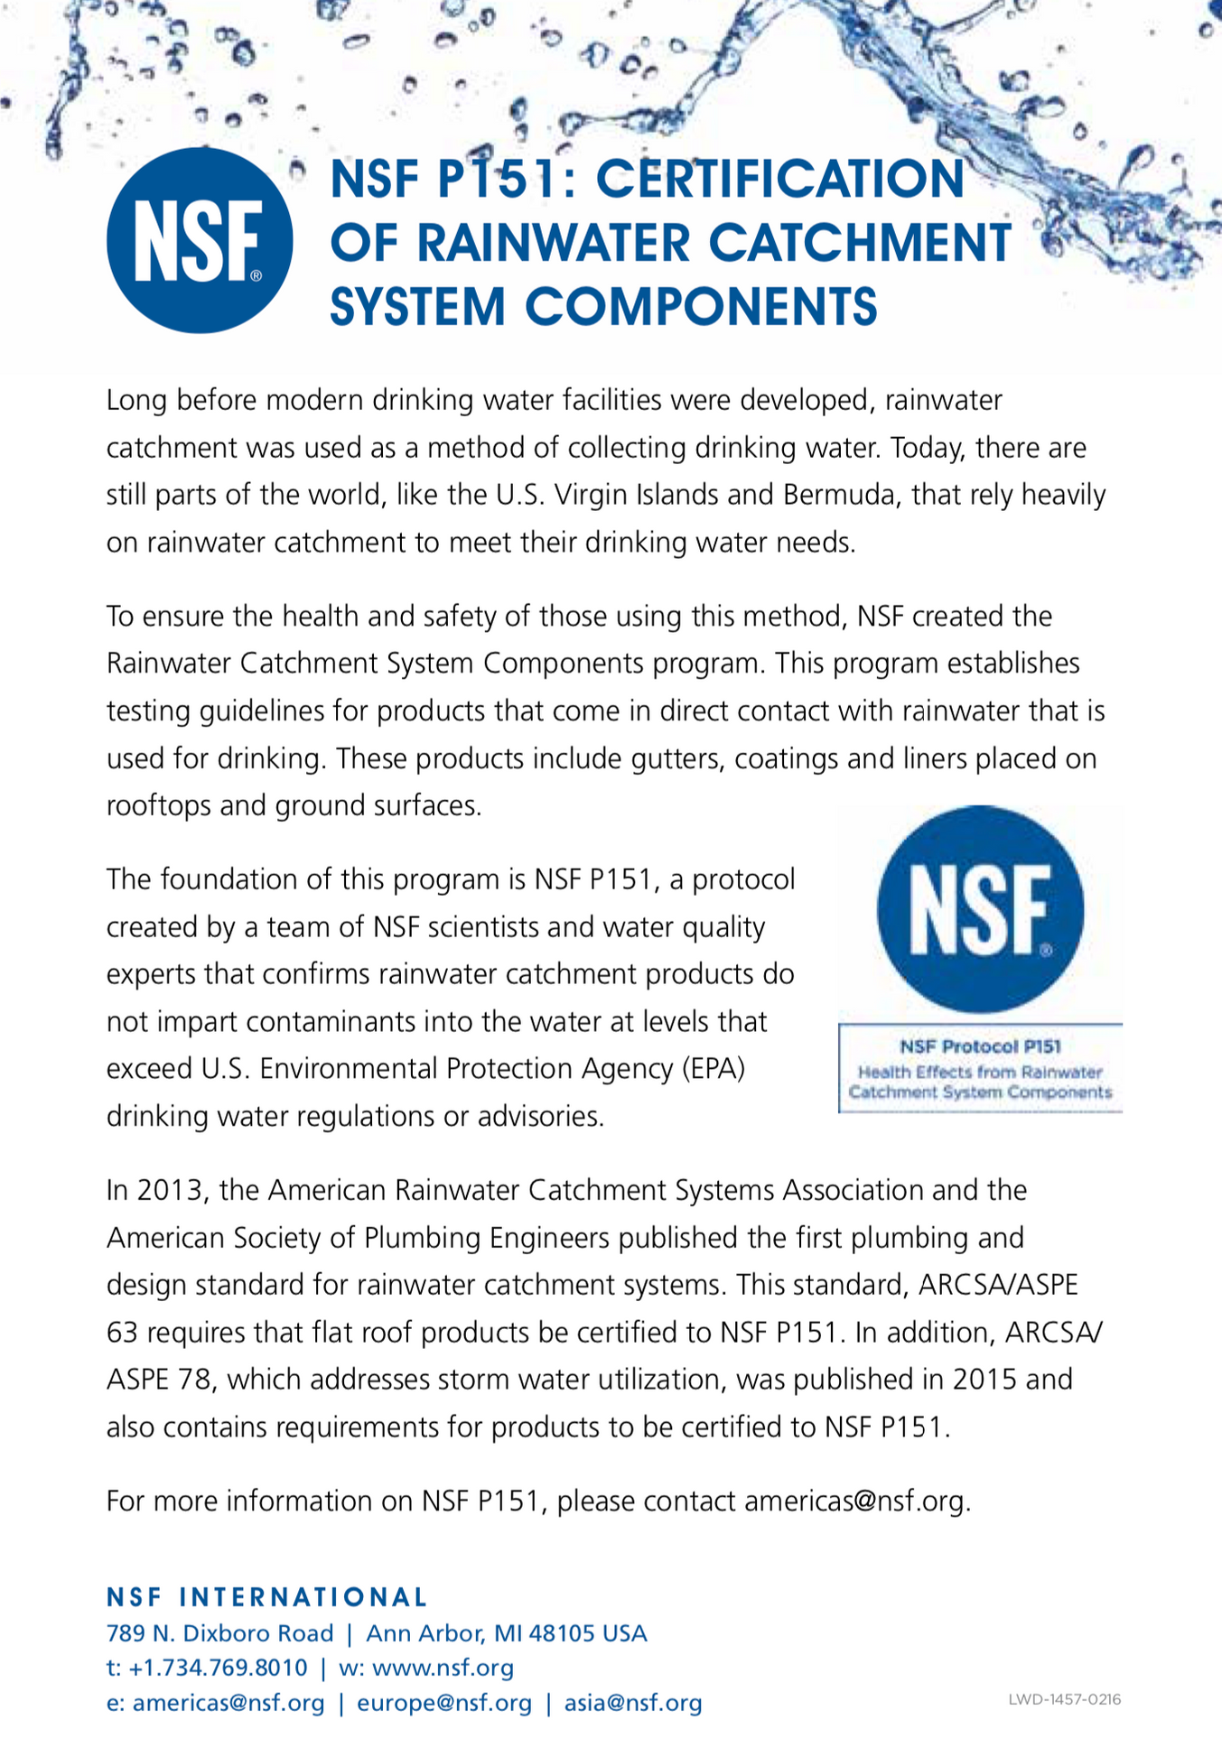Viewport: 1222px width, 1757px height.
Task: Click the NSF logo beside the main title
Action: click(200, 241)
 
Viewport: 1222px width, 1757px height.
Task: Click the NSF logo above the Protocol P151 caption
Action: click(980, 909)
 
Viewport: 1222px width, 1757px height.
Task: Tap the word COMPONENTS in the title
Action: click(701, 305)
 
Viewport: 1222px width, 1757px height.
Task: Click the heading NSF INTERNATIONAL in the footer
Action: click(267, 1597)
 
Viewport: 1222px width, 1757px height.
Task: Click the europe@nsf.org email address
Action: click(444, 1703)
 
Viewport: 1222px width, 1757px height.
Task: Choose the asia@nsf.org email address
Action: click(633, 1703)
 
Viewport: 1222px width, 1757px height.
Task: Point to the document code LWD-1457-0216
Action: click(1065, 1699)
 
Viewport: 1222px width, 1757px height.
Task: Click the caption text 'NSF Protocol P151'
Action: click(980, 1046)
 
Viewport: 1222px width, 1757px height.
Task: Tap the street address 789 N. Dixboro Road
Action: click(220, 1633)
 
